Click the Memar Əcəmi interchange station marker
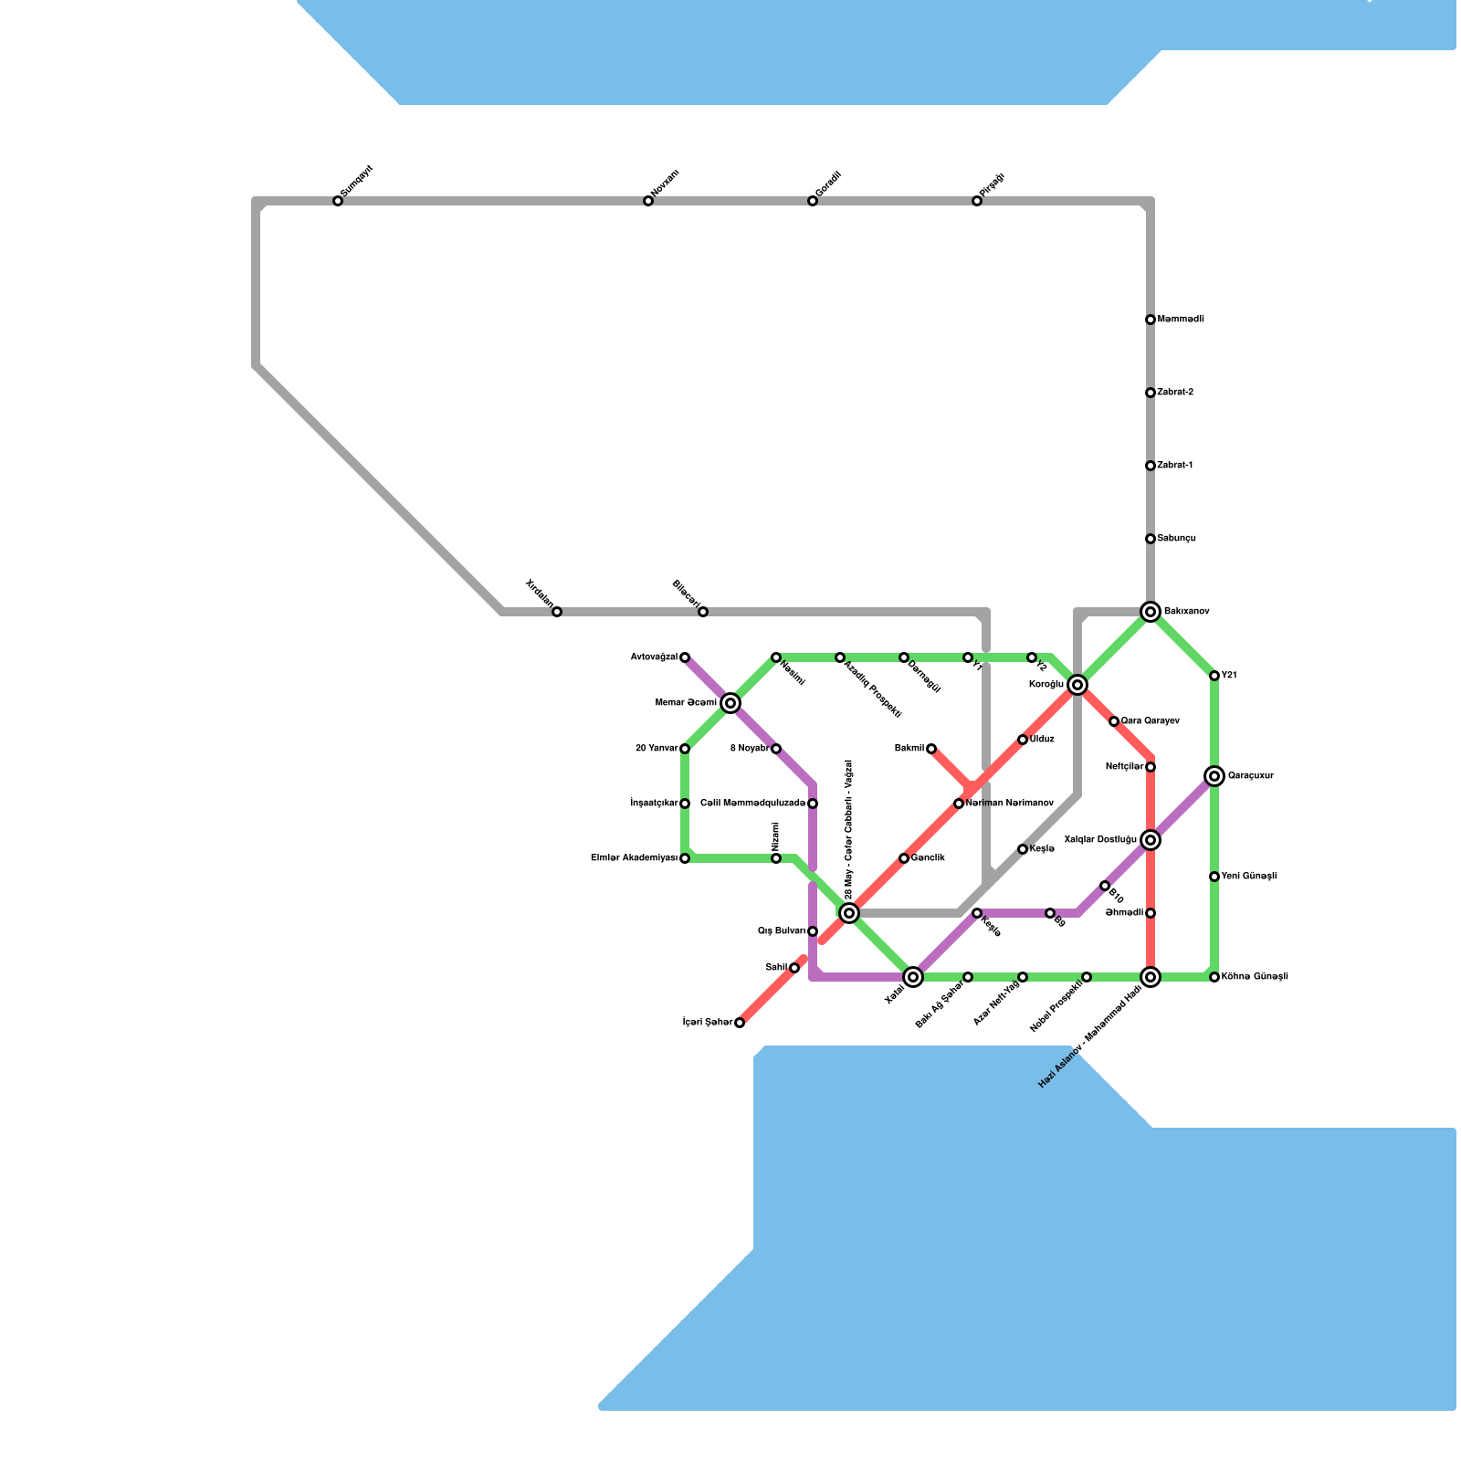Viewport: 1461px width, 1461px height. coord(730,702)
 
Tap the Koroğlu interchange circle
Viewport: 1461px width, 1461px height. coord(1077,685)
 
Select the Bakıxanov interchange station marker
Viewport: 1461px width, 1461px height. coord(1151,611)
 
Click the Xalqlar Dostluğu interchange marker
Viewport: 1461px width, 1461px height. coord(1151,839)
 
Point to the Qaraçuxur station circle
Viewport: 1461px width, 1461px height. coord(1214,776)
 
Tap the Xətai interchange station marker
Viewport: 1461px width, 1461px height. coord(913,977)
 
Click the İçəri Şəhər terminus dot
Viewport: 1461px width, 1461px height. coord(740,1023)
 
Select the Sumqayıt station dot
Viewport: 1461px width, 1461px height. coord(338,201)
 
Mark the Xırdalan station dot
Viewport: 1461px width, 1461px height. coord(557,612)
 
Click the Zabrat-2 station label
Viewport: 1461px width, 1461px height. coord(1175,393)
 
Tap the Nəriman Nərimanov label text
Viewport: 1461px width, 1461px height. coord(1009,804)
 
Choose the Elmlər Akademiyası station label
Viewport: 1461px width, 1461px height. coord(634,858)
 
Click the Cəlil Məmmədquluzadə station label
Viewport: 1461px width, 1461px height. coord(752,804)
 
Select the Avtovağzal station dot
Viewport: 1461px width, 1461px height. coord(685,657)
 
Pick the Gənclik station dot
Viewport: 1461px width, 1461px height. coord(904,858)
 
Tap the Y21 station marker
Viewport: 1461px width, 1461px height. coord(1214,676)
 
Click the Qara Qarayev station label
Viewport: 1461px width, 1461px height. coord(1151,721)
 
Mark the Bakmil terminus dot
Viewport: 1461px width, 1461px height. coord(931,749)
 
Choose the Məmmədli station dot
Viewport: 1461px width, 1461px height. coord(1151,320)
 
